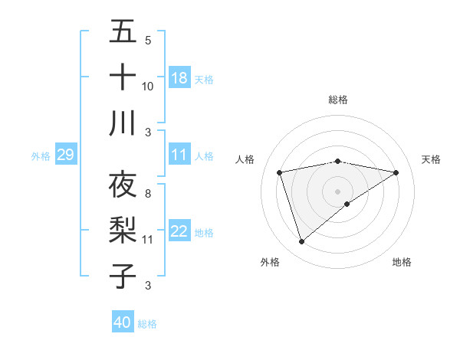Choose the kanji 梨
pos(123,231)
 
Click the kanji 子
pos(123,277)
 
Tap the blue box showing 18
pos(179,78)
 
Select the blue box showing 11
pos(179,155)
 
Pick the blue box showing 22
pos(179,232)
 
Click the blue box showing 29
pos(65,155)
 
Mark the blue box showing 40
pos(123,322)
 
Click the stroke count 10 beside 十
pos(148,86)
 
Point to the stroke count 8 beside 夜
pos(147,194)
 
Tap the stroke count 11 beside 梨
pos(148,240)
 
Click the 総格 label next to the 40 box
pos(147,324)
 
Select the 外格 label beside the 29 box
pos(41,156)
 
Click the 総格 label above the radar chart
pos(337,100)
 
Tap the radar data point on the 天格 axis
pos(396,172)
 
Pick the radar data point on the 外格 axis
pos(301,242)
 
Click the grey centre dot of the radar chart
pos(337,191)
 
